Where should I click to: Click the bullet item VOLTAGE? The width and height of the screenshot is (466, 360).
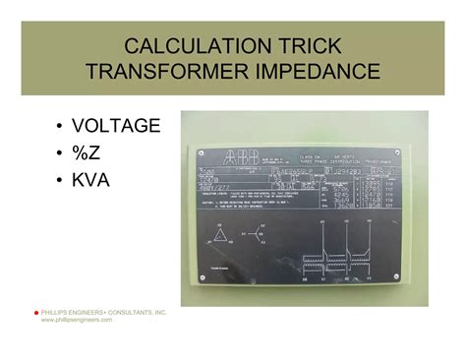[113, 126]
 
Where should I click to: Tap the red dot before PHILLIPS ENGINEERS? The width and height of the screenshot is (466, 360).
[34, 312]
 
